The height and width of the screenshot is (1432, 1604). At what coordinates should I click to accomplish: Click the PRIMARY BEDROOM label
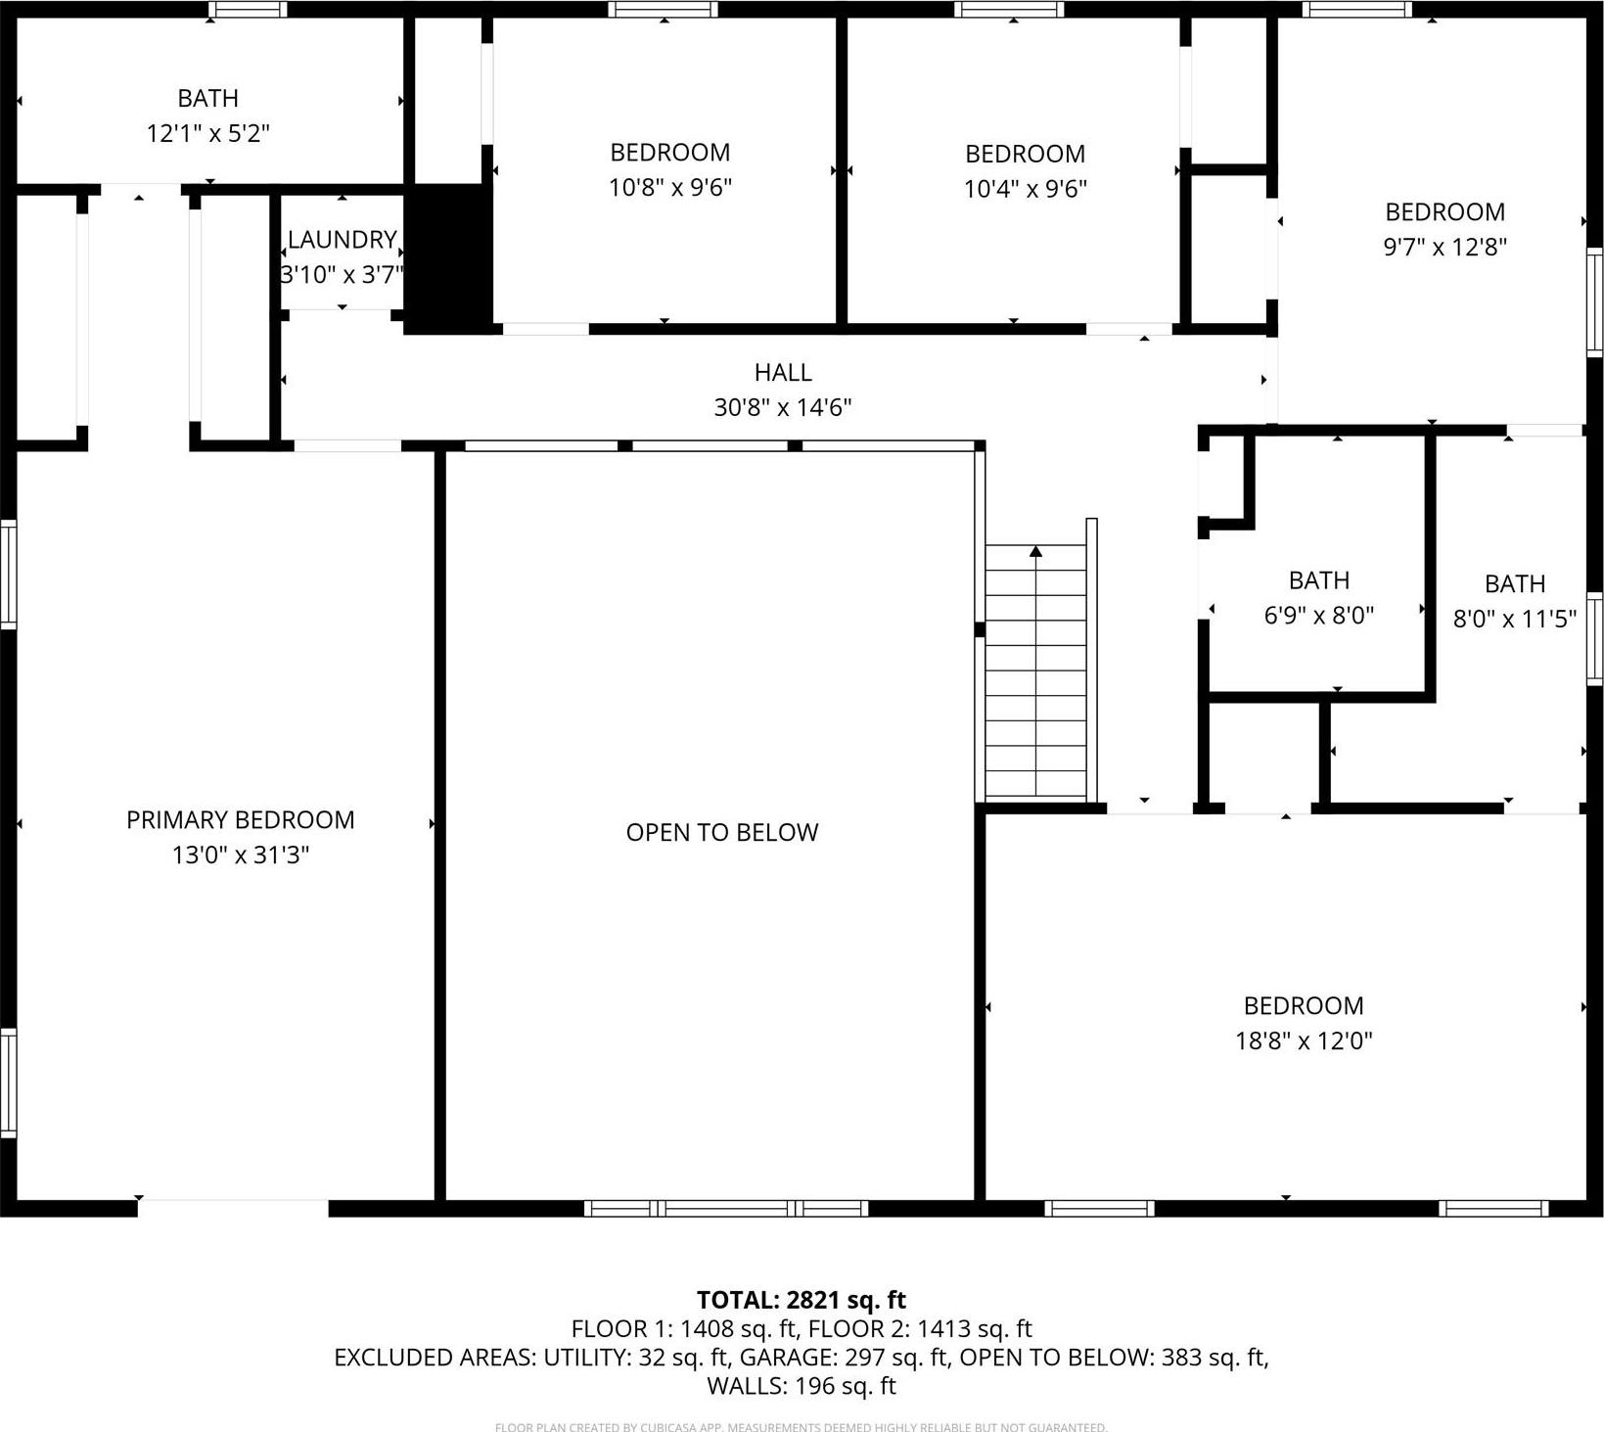[x=240, y=820]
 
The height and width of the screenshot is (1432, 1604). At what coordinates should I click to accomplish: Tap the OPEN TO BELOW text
[x=721, y=832]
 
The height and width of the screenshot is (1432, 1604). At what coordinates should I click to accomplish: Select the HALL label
[x=783, y=372]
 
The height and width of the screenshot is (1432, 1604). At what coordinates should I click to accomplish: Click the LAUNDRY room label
[x=342, y=240]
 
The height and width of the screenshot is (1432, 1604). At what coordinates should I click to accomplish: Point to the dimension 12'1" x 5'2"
[x=207, y=133]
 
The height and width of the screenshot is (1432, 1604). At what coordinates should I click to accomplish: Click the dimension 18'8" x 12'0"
[x=1304, y=1040]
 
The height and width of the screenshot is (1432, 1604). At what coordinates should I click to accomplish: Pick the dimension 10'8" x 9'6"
[x=670, y=187]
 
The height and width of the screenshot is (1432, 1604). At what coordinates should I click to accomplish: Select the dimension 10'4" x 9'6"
[x=1026, y=188]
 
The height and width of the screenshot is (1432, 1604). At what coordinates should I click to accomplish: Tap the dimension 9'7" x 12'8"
[x=1444, y=247]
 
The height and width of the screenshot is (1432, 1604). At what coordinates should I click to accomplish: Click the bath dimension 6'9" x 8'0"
[x=1319, y=616]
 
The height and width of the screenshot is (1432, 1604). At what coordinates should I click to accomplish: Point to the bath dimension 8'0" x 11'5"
[x=1515, y=619]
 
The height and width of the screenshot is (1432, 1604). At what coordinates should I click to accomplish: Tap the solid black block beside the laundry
[x=448, y=259]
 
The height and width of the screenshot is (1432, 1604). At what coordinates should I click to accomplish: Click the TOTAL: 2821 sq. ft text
[x=801, y=1300]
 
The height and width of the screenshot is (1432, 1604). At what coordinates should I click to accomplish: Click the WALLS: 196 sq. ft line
[x=801, y=1386]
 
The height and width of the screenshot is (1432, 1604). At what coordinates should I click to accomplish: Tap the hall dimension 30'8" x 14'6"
[x=783, y=407]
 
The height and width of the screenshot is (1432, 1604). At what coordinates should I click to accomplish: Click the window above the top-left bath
[x=249, y=10]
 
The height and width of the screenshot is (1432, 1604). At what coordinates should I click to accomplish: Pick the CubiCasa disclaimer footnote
[x=801, y=1427]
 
